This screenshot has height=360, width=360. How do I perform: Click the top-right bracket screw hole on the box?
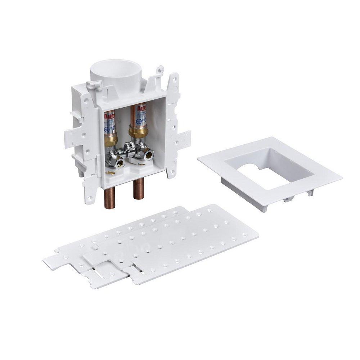pyautogui.click(x=175, y=80)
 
